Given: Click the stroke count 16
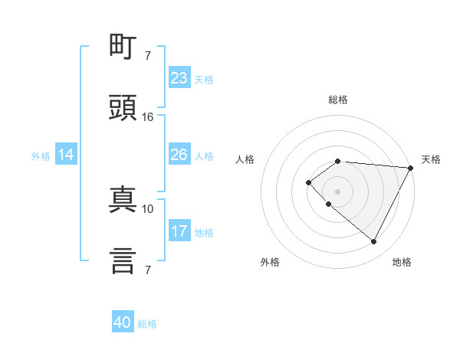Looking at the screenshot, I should (x=148, y=117).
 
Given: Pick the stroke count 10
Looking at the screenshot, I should (x=148, y=208).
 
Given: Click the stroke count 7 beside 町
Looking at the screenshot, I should (x=148, y=56).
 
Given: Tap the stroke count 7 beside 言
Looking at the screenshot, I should (x=148, y=270).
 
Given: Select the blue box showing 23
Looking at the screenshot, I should (x=179, y=78).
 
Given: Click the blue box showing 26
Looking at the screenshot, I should (x=179, y=155).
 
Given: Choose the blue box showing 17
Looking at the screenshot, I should (x=179, y=231).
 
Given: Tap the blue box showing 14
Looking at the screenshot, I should (x=66, y=155).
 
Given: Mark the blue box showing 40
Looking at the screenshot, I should (x=123, y=322).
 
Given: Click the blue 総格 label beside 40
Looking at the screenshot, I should (x=147, y=324).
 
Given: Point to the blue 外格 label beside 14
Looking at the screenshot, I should (x=41, y=155).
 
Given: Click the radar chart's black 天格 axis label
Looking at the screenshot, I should (x=431, y=159).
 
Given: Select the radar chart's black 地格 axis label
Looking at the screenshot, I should (x=402, y=262).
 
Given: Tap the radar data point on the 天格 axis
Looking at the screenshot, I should (x=410, y=168).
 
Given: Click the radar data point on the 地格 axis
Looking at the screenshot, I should (x=374, y=242).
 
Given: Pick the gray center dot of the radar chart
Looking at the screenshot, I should (x=337, y=191).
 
